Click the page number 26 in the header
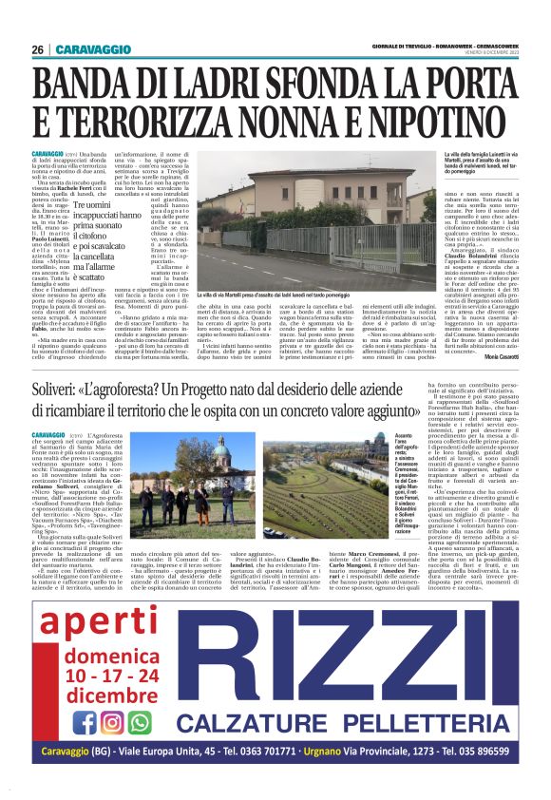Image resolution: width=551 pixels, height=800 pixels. pyautogui.click(x=37, y=49)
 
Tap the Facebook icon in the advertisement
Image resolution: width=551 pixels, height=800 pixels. pyautogui.click(x=85, y=722)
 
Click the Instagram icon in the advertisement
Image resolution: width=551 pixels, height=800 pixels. pyautogui.click(x=112, y=722)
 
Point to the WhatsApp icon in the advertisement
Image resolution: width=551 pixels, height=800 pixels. pyautogui.click(x=140, y=722)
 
